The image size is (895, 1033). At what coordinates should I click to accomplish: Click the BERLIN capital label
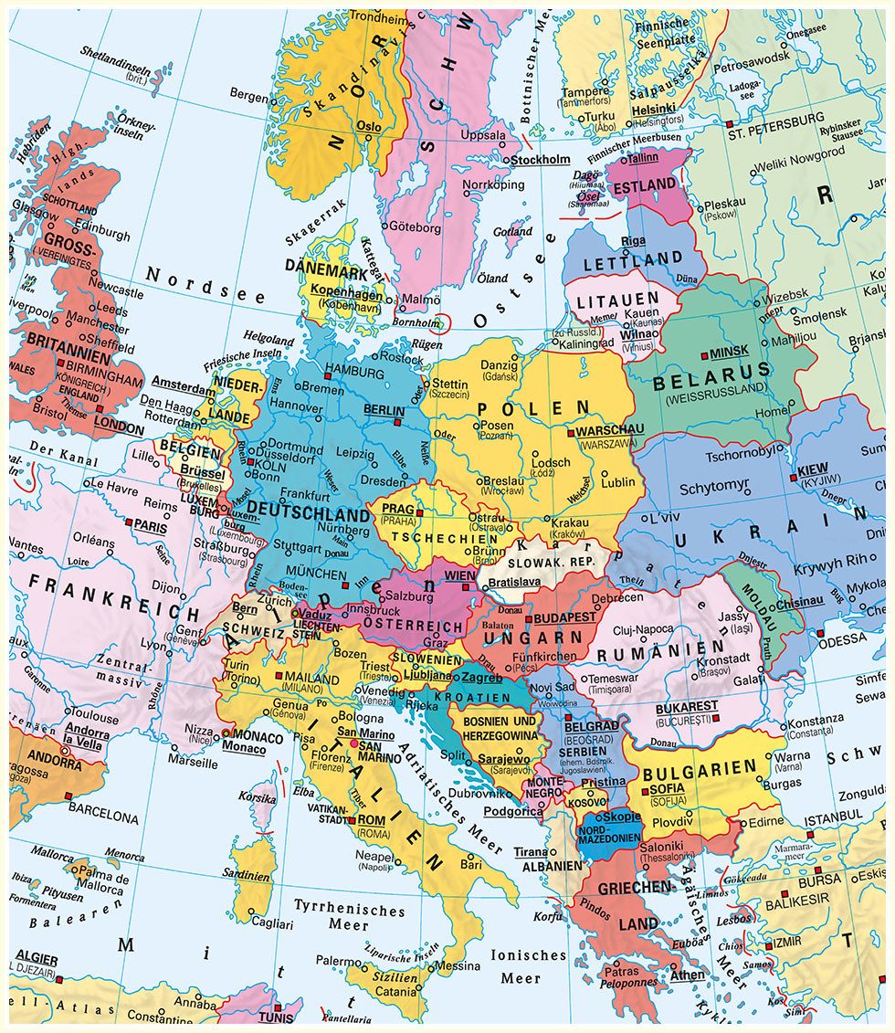pyautogui.click(x=384, y=410)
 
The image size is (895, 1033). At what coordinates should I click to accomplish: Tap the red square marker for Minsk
pyautogui.click(x=704, y=354)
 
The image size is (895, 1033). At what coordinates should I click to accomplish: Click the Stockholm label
pyautogui.click(x=540, y=160)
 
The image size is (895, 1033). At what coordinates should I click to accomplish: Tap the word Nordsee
pyautogui.click(x=205, y=285)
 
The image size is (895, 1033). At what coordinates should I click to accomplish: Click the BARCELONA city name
pyautogui.click(x=103, y=817)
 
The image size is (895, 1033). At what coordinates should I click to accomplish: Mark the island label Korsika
pyautogui.click(x=257, y=798)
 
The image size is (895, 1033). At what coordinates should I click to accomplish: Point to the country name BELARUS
pyautogui.click(x=711, y=382)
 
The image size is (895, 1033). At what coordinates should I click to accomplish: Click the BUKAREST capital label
pyautogui.click(x=686, y=707)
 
